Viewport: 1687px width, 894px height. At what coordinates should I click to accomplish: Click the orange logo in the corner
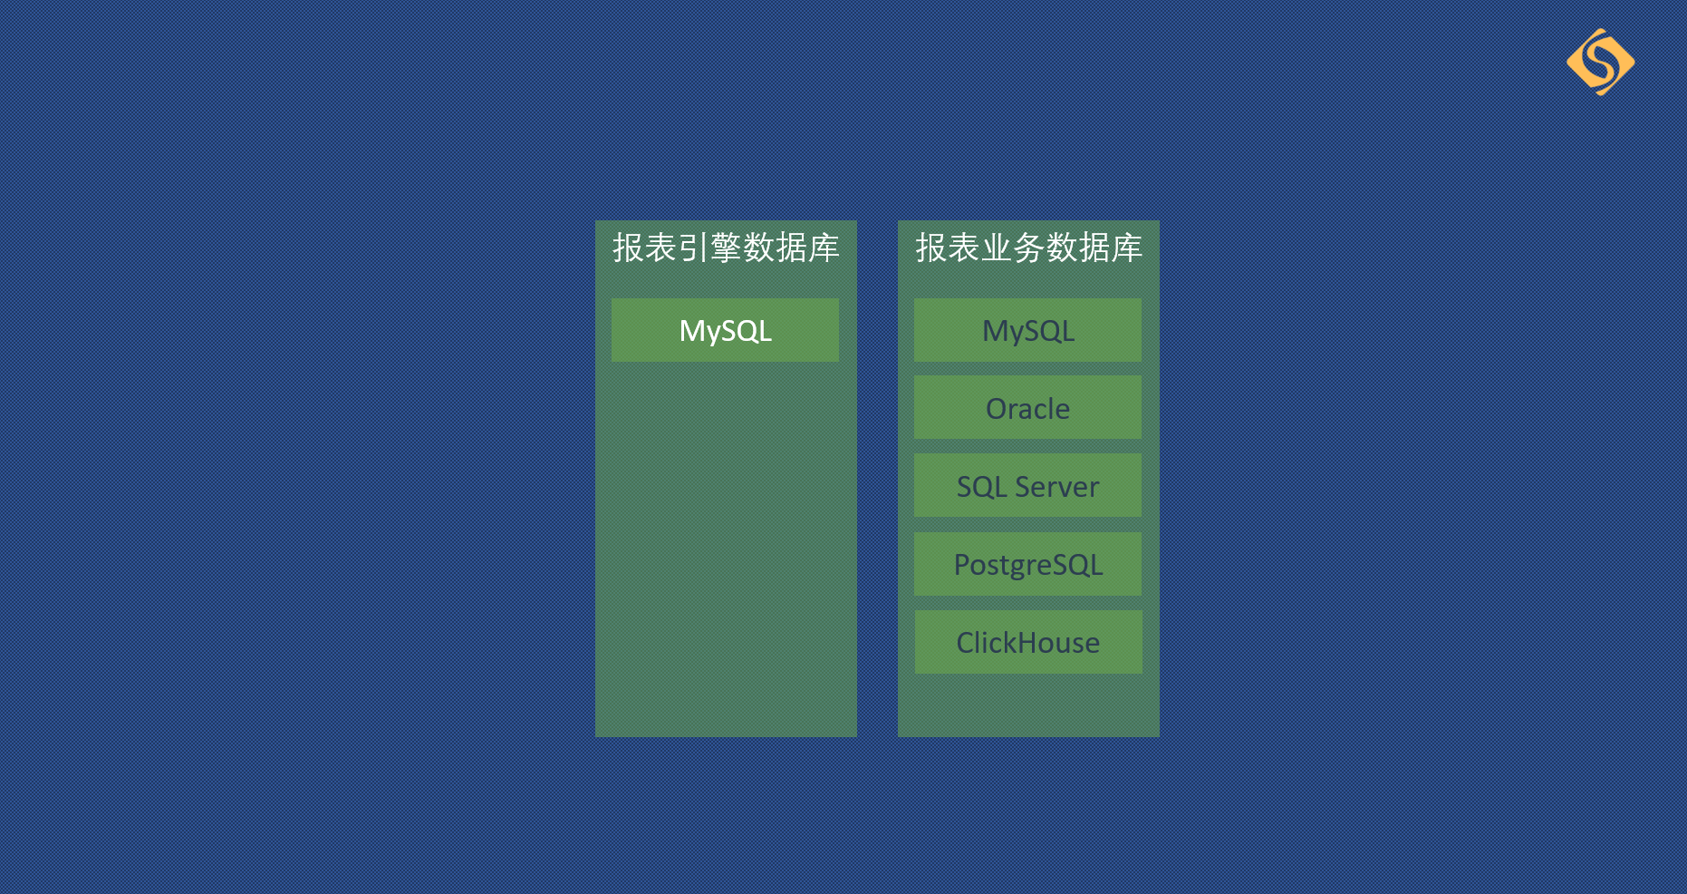click(1600, 62)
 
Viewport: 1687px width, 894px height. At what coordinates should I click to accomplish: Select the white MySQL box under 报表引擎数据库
click(725, 330)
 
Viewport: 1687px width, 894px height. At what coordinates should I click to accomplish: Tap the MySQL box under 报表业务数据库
click(1027, 330)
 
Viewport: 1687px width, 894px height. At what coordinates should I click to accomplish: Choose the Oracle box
click(1027, 407)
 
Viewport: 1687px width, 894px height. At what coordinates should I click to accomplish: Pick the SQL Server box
click(1027, 485)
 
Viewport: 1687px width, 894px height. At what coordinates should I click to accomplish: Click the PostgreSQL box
click(1027, 564)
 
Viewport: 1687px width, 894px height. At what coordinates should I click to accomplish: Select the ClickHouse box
click(1028, 642)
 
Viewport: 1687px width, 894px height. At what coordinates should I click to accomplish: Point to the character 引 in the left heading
click(693, 248)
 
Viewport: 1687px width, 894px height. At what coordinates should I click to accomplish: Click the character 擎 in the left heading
click(726, 248)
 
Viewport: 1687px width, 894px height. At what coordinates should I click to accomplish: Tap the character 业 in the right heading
click(996, 248)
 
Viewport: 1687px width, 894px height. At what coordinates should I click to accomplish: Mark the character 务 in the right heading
click(1028, 248)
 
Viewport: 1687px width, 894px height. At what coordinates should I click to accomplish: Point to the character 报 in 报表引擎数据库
click(628, 248)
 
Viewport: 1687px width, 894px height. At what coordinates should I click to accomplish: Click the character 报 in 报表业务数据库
click(930, 248)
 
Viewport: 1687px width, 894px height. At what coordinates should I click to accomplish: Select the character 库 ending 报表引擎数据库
click(824, 248)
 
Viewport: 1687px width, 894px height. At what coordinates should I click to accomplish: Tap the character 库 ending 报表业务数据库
click(1126, 248)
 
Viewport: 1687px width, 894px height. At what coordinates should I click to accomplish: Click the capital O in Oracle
click(997, 409)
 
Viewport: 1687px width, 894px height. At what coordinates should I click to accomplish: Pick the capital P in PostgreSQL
click(962, 565)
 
